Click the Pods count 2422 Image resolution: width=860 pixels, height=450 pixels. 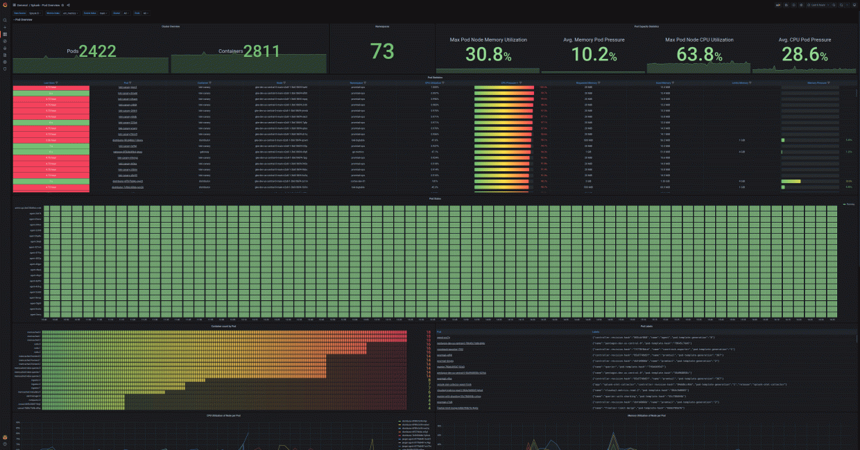pyautogui.click(x=97, y=51)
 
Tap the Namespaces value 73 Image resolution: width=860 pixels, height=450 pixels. pyautogui.click(x=381, y=51)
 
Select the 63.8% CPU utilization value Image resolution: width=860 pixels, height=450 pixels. pyautogui.click(x=698, y=55)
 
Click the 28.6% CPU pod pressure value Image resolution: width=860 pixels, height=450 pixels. pyautogui.click(x=804, y=55)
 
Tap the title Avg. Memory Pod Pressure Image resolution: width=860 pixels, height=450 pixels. pyautogui.click(x=594, y=40)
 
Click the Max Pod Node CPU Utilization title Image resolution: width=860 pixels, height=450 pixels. pyautogui.click(x=698, y=40)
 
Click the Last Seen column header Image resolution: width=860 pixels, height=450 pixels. pyautogui.click(x=49, y=83)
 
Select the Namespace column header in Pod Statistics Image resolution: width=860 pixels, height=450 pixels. pyautogui.click(x=358, y=83)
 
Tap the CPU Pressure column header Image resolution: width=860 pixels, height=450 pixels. pyautogui.click(x=510, y=83)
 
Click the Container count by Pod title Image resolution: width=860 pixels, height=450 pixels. pyautogui.click(x=223, y=326)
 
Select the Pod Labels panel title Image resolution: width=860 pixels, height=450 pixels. pyautogui.click(x=646, y=326)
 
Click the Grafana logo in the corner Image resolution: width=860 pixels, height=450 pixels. pyautogui.click(x=5, y=5)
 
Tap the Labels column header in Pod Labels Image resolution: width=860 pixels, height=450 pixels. pyautogui.click(x=596, y=332)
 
